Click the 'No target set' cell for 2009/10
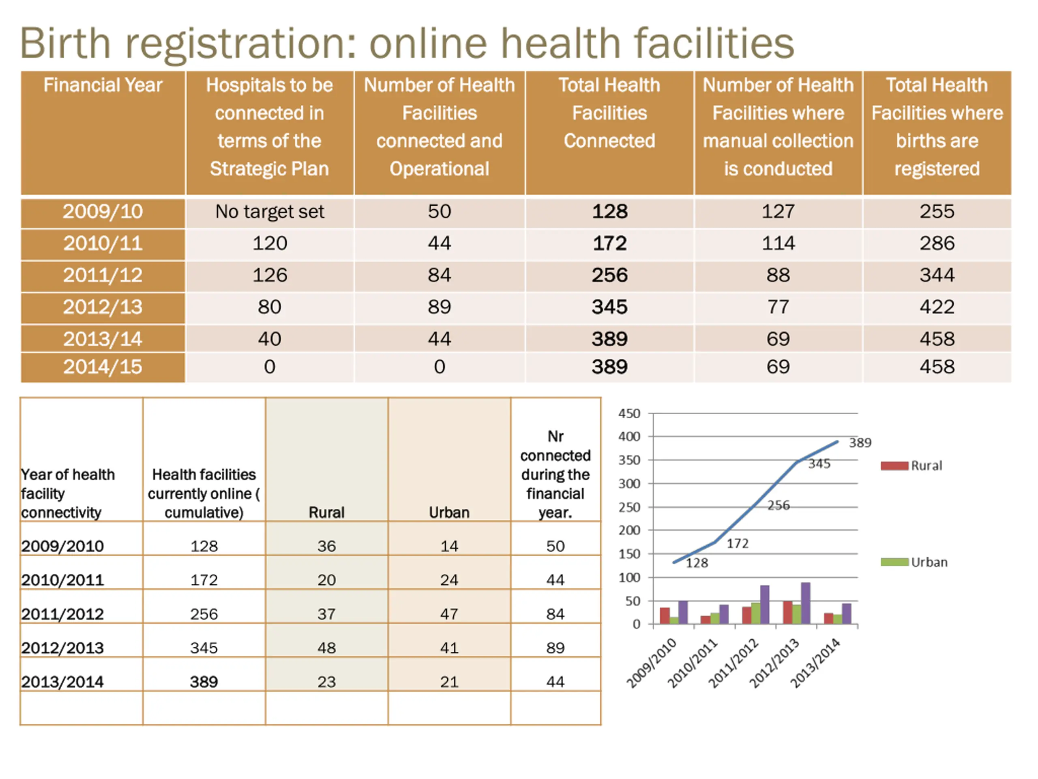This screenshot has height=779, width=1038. (x=269, y=212)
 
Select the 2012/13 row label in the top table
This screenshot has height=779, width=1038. (x=102, y=307)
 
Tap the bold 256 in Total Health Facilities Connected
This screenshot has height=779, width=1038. (x=609, y=275)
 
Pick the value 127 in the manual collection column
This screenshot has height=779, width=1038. (x=778, y=212)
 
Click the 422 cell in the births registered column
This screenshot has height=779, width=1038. (x=936, y=307)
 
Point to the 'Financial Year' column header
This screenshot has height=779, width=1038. (x=102, y=86)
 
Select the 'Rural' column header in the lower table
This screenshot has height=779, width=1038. (x=326, y=512)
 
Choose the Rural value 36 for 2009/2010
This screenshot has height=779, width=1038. (x=326, y=546)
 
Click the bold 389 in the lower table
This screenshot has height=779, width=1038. (x=204, y=682)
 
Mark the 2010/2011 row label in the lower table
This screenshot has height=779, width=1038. (x=62, y=580)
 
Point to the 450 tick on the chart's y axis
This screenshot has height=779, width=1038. (x=629, y=414)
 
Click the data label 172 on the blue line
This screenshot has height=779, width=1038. (x=737, y=544)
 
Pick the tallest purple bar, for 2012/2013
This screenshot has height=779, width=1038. (x=805, y=603)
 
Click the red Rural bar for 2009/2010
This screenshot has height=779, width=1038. (x=665, y=615)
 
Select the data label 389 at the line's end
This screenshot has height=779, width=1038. (x=860, y=443)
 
